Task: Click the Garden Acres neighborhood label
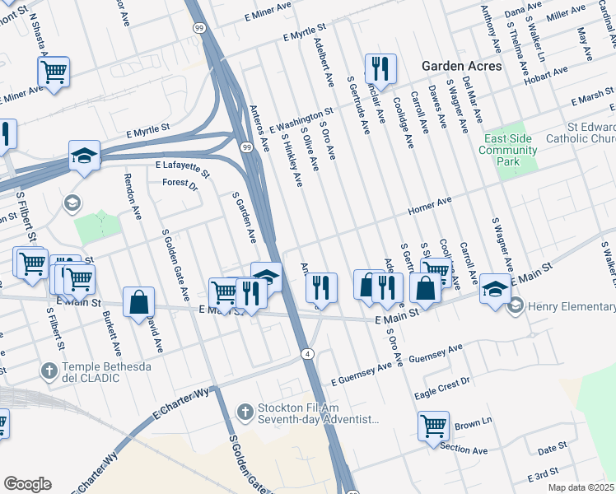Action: (x=461, y=65)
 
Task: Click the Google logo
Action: (x=27, y=484)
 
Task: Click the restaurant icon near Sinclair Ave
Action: (x=380, y=68)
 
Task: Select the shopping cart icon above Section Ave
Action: (x=433, y=426)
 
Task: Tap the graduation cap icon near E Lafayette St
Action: (x=84, y=155)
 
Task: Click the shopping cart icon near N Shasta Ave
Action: (x=54, y=72)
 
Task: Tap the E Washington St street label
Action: (x=301, y=119)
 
